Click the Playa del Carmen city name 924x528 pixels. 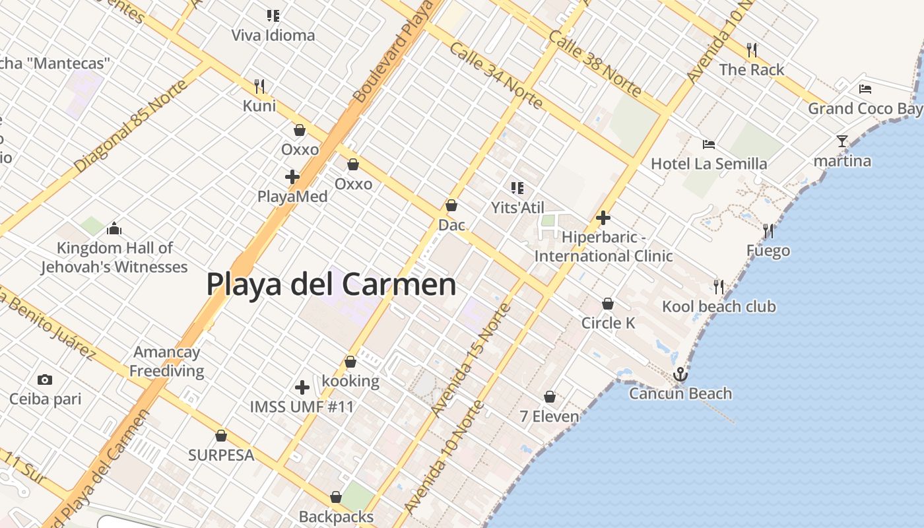(331, 284)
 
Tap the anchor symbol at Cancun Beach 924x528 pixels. (680, 375)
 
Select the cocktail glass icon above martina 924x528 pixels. (841, 141)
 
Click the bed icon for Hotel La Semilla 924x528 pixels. (708, 144)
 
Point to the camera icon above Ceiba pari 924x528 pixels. (45, 379)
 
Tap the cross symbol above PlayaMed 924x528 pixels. (292, 177)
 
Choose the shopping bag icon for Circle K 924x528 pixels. (607, 304)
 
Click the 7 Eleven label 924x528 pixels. (549, 416)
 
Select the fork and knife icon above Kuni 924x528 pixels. (259, 86)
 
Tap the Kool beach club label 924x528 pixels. (719, 306)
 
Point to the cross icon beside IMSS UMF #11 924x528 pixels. (302, 387)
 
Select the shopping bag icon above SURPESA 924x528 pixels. (221, 436)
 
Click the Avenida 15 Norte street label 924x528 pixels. (471, 360)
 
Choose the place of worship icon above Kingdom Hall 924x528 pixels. (114, 228)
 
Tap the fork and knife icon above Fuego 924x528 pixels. (768, 231)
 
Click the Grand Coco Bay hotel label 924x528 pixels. (865, 108)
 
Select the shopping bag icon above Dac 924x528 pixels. (451, 205)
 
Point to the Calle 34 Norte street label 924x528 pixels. (496, 75)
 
